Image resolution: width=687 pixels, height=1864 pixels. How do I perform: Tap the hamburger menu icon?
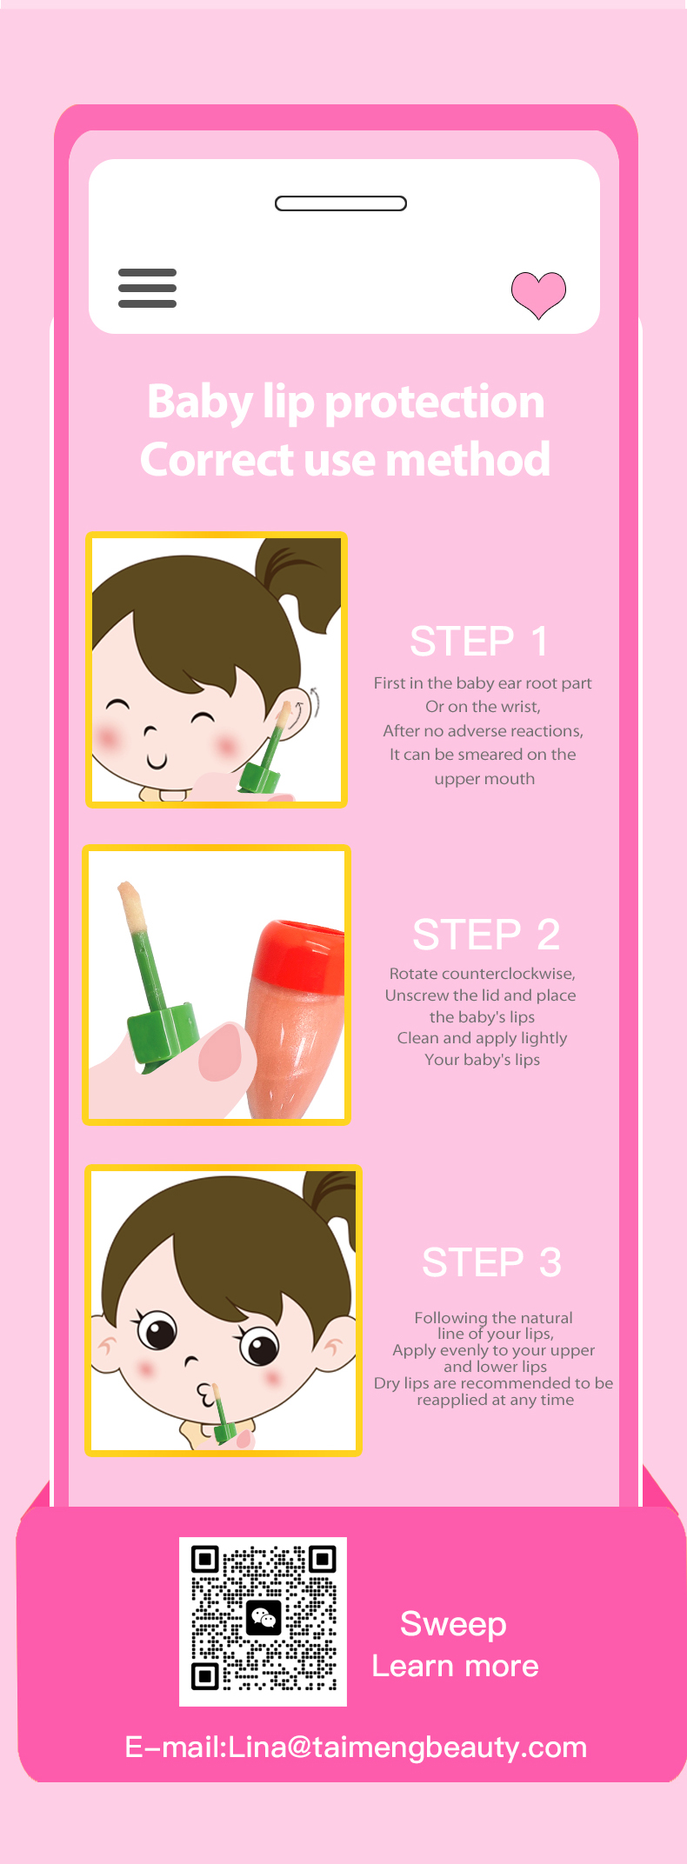(x=147, y=288)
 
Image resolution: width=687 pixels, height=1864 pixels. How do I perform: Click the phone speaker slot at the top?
(x=341, y=203)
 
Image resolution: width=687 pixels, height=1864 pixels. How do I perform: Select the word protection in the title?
(x=435, y=403)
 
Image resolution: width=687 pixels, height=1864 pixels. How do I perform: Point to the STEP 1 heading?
(x=479, y=642)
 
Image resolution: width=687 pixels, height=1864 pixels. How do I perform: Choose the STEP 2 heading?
(x=486, y=935)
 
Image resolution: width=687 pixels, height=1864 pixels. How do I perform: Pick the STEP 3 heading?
(x=491, y=1262)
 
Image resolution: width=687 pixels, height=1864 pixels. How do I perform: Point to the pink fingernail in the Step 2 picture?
(x=222, y=1052)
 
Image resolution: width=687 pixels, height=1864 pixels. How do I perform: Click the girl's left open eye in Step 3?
(x=157, y=1330)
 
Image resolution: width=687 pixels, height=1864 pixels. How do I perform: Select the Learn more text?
(x=456, y=1667)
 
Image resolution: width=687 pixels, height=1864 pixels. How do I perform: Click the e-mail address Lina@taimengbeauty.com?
(x=407, y=1747)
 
